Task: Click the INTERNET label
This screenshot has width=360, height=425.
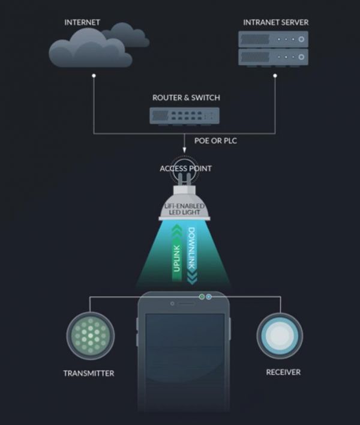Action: pos(82,22)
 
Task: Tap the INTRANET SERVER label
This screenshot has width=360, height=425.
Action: pos(276,22)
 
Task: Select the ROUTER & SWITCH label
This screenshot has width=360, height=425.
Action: pos(186,98)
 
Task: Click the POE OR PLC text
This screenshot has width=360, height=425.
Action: pos(215,140)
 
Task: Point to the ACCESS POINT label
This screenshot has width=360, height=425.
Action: pos(185,169)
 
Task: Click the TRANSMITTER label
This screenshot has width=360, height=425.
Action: pos(89,373)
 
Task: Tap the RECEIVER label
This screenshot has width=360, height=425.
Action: pos(283,372)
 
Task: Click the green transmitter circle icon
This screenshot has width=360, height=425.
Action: pos(91,336)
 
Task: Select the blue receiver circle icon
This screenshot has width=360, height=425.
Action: pos(280,336)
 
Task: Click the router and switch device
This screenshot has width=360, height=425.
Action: pos(184,116)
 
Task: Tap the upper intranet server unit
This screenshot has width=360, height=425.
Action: pos(274,39)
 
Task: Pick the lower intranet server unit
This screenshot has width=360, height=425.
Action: pos(274,57)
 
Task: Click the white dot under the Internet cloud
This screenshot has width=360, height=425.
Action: pos(94,76)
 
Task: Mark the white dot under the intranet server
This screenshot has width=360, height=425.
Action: pos(275,76)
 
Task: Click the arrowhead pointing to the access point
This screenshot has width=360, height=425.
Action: pos(184,150)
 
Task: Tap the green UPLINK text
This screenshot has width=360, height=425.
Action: pos(176,258)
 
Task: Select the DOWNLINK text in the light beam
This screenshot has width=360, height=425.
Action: pos(191,248)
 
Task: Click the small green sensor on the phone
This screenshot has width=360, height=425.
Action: pos(202,297)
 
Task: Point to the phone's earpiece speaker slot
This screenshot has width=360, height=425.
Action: pos(185,304)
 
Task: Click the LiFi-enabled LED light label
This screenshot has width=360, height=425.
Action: pos(184,209)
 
